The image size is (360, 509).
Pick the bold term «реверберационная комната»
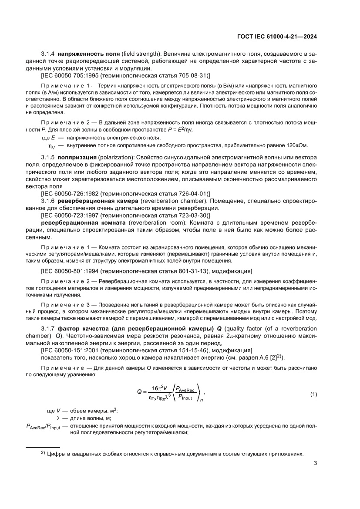tap(78, 222)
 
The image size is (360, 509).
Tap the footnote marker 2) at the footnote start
tap(43, 453)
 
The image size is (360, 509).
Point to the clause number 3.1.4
tap(48, 54)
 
